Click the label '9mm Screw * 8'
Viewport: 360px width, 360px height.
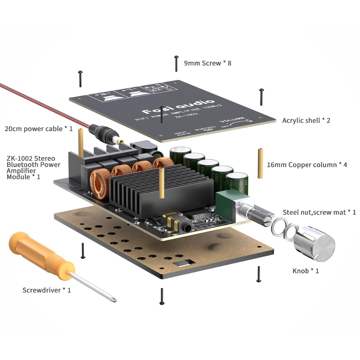[207, 63]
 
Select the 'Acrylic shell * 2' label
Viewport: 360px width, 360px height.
[306, 120]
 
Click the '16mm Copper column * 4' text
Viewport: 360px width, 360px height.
[307, 165]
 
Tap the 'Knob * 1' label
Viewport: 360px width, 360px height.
[306, 271]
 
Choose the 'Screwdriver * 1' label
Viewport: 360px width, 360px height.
[46, 290]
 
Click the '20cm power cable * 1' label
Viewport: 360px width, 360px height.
[39, 129]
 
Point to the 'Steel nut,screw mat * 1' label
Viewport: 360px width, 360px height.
[319, 212]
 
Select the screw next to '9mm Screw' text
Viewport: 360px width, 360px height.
[176, 63]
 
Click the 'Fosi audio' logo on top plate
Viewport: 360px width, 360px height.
[178, 107]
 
